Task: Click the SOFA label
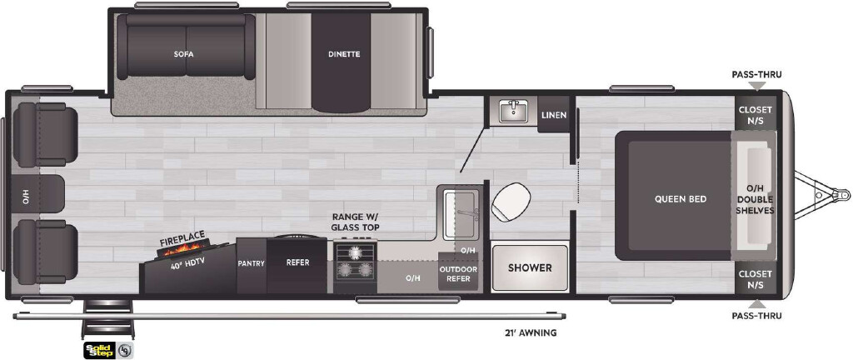[184, 54]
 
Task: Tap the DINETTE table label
[344, 54]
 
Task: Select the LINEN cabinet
[554, 115]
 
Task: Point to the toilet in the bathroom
[511, 201]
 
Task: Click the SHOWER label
[530, 267]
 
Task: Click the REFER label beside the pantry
[297, 262]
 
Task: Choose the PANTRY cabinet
[251, 265]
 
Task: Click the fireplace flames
[182, 250]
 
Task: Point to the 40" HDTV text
[182, 265]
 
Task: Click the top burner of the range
[355, 252]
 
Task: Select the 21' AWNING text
[531, 332]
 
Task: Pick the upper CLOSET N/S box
[755, 114]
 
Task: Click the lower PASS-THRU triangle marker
[756, 303]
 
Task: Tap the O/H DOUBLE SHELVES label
[755, 199]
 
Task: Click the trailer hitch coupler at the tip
[842, 194]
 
